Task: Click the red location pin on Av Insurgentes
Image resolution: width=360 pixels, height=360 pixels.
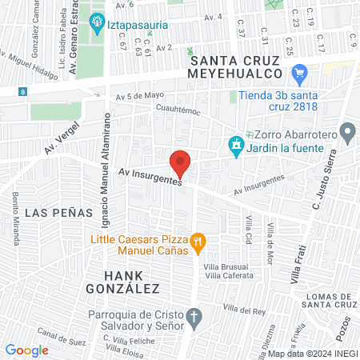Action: coord(181,163)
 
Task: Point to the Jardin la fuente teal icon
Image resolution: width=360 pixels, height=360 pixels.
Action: coord(236,146)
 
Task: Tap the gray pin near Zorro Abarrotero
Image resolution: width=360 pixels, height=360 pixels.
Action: coord(347,131)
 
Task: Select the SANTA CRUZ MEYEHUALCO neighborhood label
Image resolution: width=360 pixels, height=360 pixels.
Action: coord(235,66)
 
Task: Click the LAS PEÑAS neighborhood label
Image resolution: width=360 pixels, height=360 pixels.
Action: coord(50,214)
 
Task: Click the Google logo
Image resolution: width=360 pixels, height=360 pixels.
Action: coord(26,350)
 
